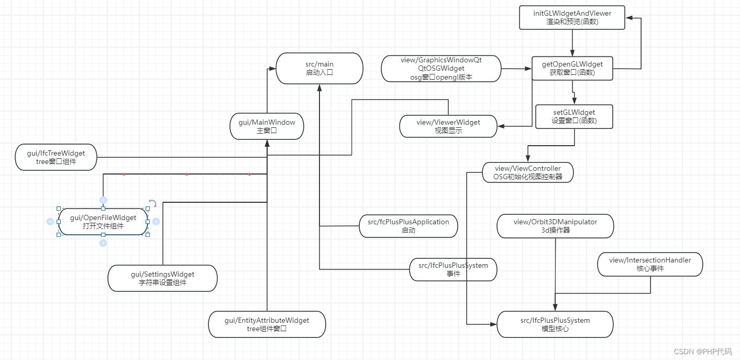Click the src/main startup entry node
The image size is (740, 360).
coord(319,68)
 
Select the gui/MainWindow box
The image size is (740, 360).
coord(267,126)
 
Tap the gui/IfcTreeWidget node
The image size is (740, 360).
coord(56,157)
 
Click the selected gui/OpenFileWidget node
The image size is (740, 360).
coord(103,222)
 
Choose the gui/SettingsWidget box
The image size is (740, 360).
coord(162,278)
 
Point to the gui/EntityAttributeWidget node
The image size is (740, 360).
coord(267,324)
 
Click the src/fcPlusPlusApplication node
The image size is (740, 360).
coord(408,226)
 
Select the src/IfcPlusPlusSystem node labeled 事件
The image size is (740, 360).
coord(453,269)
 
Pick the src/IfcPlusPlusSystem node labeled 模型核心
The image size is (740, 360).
coord(555,324)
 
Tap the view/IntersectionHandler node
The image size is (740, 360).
coord(650,264)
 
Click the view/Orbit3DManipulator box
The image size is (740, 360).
coord(555,226)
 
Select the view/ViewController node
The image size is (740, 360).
coord(527,172)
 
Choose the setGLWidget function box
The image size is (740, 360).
coord(574,116)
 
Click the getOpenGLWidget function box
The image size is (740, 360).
coord(572,68)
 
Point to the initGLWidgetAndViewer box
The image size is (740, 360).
coord(572,17)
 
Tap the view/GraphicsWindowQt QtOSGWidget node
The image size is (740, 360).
coord(441,69)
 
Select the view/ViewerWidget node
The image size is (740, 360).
coord(448,126)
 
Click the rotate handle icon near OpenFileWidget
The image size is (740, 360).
coord(152,203)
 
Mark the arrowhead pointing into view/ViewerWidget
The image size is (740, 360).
coord(501,126)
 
